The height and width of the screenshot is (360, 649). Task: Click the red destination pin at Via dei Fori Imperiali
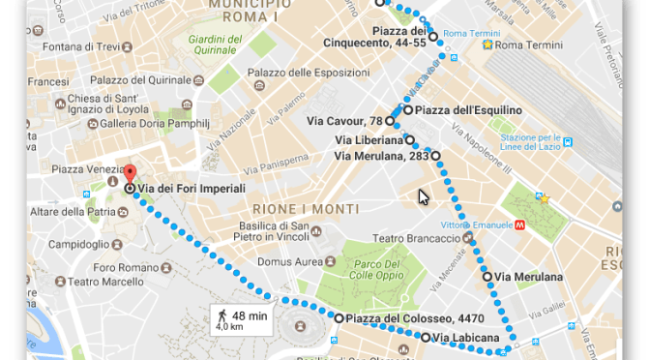pos(129,175)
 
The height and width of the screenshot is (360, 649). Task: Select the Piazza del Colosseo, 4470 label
pos(398,317)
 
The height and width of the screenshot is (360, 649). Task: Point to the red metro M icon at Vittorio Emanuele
pos(519,225)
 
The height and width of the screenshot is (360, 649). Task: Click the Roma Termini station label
pos(528,45)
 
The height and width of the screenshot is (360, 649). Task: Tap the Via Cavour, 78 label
pos(344,121)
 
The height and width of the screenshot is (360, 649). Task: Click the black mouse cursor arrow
pos(423,196)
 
